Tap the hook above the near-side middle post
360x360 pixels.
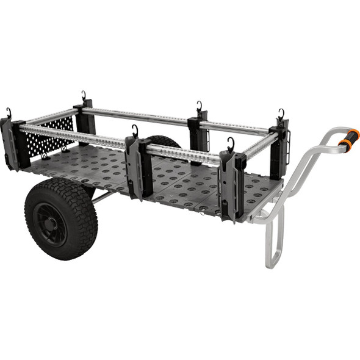[135, 131]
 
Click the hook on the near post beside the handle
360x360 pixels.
[231, 144]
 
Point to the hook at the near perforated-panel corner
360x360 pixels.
[9, 113]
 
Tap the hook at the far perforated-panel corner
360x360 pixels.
[84, 96]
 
